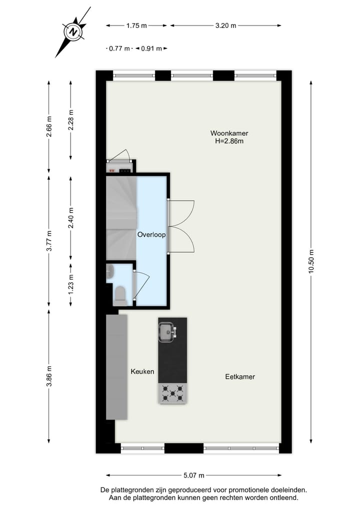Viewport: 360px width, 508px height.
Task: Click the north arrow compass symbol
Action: point(73,32)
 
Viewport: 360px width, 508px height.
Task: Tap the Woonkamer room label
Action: point(229,133)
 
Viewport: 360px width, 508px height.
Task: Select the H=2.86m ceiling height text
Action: point(229,141)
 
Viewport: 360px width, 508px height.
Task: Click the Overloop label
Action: point(151,234)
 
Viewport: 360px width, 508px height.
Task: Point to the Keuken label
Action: point(142,372)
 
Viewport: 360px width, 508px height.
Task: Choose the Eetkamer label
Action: point(239,377)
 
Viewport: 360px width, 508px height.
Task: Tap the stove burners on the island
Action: point(172,393)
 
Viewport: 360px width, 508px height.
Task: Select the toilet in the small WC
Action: point(120,295)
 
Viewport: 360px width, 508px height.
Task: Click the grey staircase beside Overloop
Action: point(121,210)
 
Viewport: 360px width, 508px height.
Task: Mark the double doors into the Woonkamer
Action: point(181,226)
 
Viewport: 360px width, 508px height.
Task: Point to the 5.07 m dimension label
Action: point(194,476)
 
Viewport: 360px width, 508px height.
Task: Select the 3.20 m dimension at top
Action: point(225,25)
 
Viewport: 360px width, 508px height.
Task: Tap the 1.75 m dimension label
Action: point(136,25)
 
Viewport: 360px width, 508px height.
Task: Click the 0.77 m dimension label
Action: point(119,48)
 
